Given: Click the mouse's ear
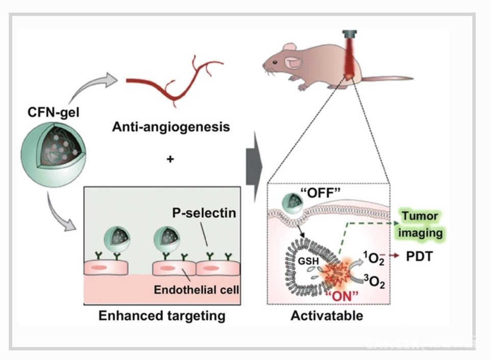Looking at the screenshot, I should tap(293, 62).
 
